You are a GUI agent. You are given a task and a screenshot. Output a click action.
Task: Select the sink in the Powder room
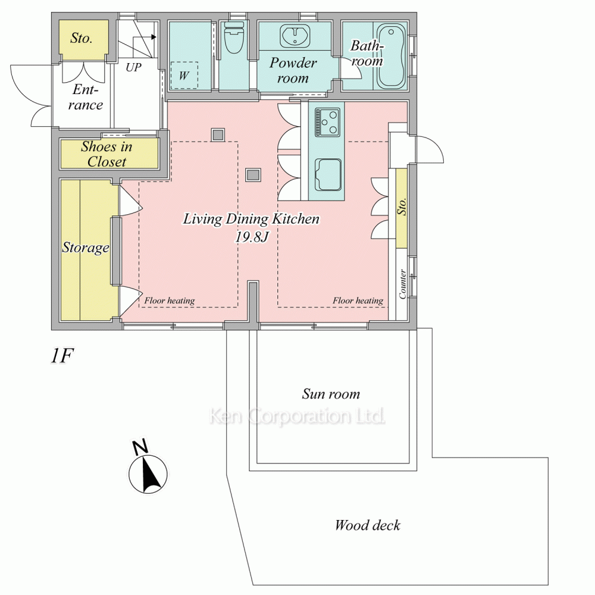295,36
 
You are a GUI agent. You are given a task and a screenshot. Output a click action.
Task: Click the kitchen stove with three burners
327,122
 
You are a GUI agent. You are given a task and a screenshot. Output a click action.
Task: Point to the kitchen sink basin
327,174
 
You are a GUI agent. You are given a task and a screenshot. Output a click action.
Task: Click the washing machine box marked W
184,75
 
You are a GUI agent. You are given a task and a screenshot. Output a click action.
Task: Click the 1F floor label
61,356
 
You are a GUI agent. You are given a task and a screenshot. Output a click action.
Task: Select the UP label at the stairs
133,67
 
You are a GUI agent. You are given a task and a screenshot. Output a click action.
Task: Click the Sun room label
331,394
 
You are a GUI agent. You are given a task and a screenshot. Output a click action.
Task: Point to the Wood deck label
367,525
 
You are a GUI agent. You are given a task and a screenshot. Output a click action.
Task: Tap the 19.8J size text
252,237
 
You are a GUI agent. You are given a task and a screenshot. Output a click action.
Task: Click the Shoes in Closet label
107,154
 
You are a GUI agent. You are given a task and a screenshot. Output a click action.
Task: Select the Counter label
403,284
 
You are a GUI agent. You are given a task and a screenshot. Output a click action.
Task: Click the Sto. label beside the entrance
81,37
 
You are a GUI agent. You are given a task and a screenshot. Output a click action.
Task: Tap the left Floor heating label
169,300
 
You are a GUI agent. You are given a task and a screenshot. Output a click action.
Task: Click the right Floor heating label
358,300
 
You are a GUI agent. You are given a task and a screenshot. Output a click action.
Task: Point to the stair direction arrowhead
154,37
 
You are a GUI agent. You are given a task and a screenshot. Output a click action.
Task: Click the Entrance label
86,97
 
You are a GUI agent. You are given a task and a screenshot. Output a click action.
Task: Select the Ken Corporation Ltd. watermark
297,416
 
